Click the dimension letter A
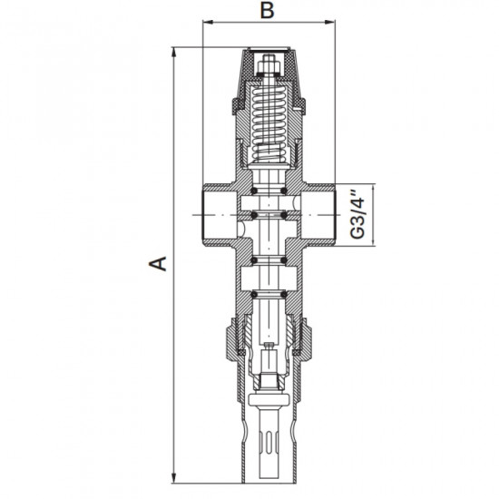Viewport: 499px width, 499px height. point(158,263)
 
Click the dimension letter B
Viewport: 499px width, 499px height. point(267,10)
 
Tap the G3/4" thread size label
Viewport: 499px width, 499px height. point(357,214)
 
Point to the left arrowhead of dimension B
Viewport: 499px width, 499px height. point(208,22)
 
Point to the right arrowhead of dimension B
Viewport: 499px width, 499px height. point(329,22)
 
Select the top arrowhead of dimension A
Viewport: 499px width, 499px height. point(174,53)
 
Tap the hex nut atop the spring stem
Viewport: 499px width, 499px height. point(269,66)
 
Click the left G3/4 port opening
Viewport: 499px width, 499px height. point(220,215)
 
